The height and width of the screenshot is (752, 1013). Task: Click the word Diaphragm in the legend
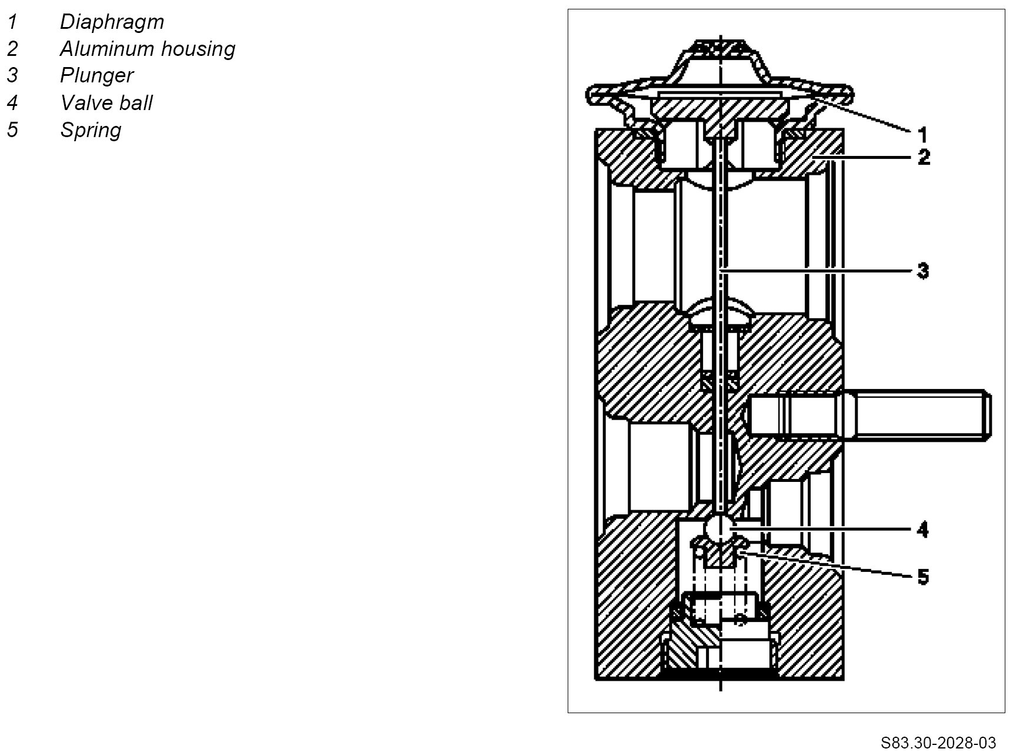click(112, 22)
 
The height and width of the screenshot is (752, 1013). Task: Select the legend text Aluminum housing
click(147, 49)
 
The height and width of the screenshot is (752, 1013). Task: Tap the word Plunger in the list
click(96, 75)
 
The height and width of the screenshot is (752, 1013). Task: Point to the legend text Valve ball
click(106, 103)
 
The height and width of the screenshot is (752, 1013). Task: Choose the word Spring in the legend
click(91, 130)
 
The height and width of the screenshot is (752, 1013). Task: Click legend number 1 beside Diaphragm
click(12, 22)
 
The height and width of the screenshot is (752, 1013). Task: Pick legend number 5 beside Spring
click(12, 130)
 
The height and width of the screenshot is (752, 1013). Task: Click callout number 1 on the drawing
click(922, 135)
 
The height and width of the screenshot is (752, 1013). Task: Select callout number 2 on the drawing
click(924, 158)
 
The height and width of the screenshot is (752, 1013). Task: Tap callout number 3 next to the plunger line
click(923, 271)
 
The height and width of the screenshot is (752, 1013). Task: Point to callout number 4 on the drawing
click(923, 530)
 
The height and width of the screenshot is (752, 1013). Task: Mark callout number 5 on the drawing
click(923, 577)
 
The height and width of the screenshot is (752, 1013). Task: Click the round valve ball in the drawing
click(721, 528)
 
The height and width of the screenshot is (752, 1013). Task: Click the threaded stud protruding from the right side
click(918, 415)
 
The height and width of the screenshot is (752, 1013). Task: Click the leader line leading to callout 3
click(824, 271)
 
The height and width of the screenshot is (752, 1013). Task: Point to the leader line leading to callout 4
click(824, 530)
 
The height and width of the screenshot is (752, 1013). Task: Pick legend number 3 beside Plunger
click(12, 75)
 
